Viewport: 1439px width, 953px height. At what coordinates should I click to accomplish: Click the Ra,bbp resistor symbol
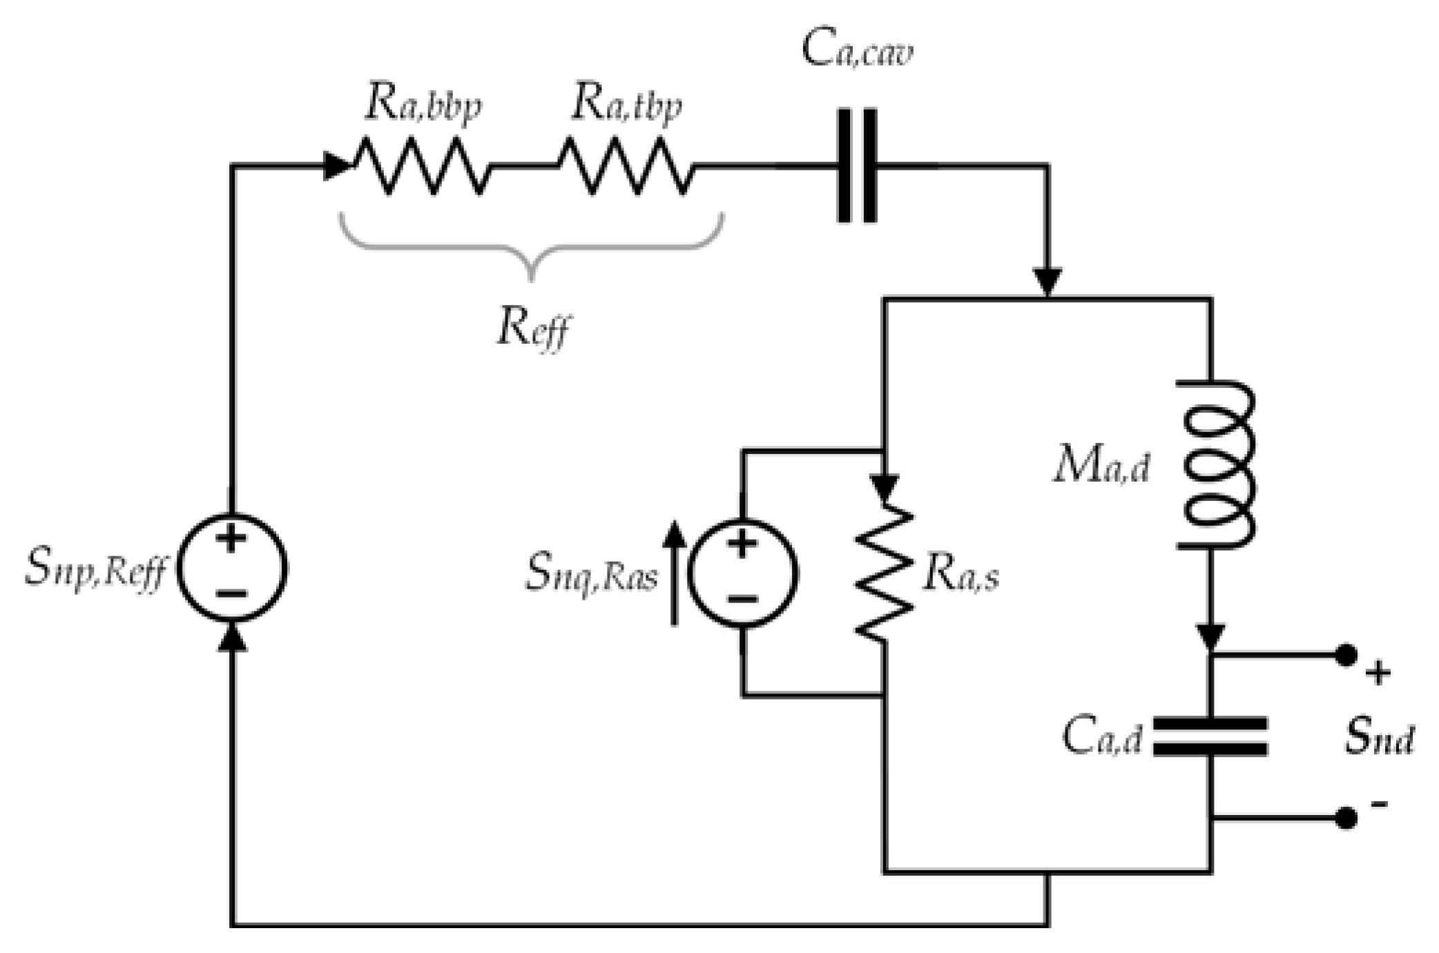pos(421,166)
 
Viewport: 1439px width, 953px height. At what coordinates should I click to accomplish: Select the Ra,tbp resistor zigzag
pos(625,166)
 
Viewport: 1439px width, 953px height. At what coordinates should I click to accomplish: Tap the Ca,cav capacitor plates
pos(857,166)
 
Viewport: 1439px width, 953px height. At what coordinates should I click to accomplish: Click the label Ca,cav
pos(857,50)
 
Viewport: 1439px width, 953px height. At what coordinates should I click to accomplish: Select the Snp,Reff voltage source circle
pos(232,567)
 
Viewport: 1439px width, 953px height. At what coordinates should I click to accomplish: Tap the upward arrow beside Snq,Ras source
pos(675,573)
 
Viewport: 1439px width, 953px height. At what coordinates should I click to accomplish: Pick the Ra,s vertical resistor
pos(884,573)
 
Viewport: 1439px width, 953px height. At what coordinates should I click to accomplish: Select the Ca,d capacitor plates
pos(1210,736)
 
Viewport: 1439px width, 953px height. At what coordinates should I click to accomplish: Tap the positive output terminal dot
pos(1346,654)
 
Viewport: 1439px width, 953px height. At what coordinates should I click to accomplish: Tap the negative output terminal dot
pos(1346,818)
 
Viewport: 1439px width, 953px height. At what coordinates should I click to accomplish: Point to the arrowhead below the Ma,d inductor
pos(1210,636)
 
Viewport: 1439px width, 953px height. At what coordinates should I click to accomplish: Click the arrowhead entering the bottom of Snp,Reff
pos(232,636)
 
